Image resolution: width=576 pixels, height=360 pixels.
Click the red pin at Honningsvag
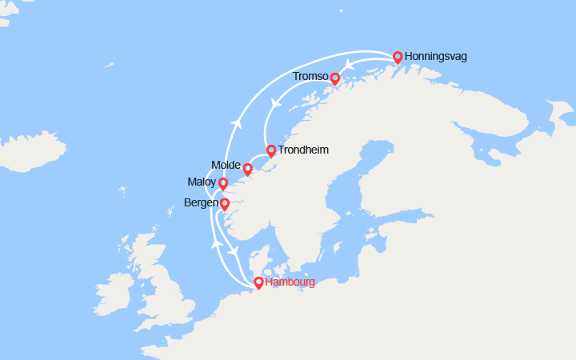tap(398, 57)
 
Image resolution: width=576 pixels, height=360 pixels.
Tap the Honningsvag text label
tap(436, 57)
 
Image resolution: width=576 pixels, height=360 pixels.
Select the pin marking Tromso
tap(335, 78)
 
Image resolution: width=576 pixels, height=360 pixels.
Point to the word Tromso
tap(310, 77)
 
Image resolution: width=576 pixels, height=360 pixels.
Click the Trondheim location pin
tap(271, 150)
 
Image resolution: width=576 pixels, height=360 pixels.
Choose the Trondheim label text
tap(302, 150)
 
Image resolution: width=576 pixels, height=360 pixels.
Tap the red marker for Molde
tap(247, 169)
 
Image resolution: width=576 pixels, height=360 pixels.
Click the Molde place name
tap(226, 165)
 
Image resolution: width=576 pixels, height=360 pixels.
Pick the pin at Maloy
tap(223, 183)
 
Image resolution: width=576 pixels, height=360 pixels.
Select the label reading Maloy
tap(202, 182)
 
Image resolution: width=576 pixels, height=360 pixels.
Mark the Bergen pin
tap(225, 204)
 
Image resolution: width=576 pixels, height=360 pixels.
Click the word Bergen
tap(201, 203)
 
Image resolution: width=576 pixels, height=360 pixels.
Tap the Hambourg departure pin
tap(258, 282)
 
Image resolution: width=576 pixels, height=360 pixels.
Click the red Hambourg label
tap(290, 282)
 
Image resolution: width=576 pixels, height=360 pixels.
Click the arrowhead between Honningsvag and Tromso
tap(347, 64)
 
